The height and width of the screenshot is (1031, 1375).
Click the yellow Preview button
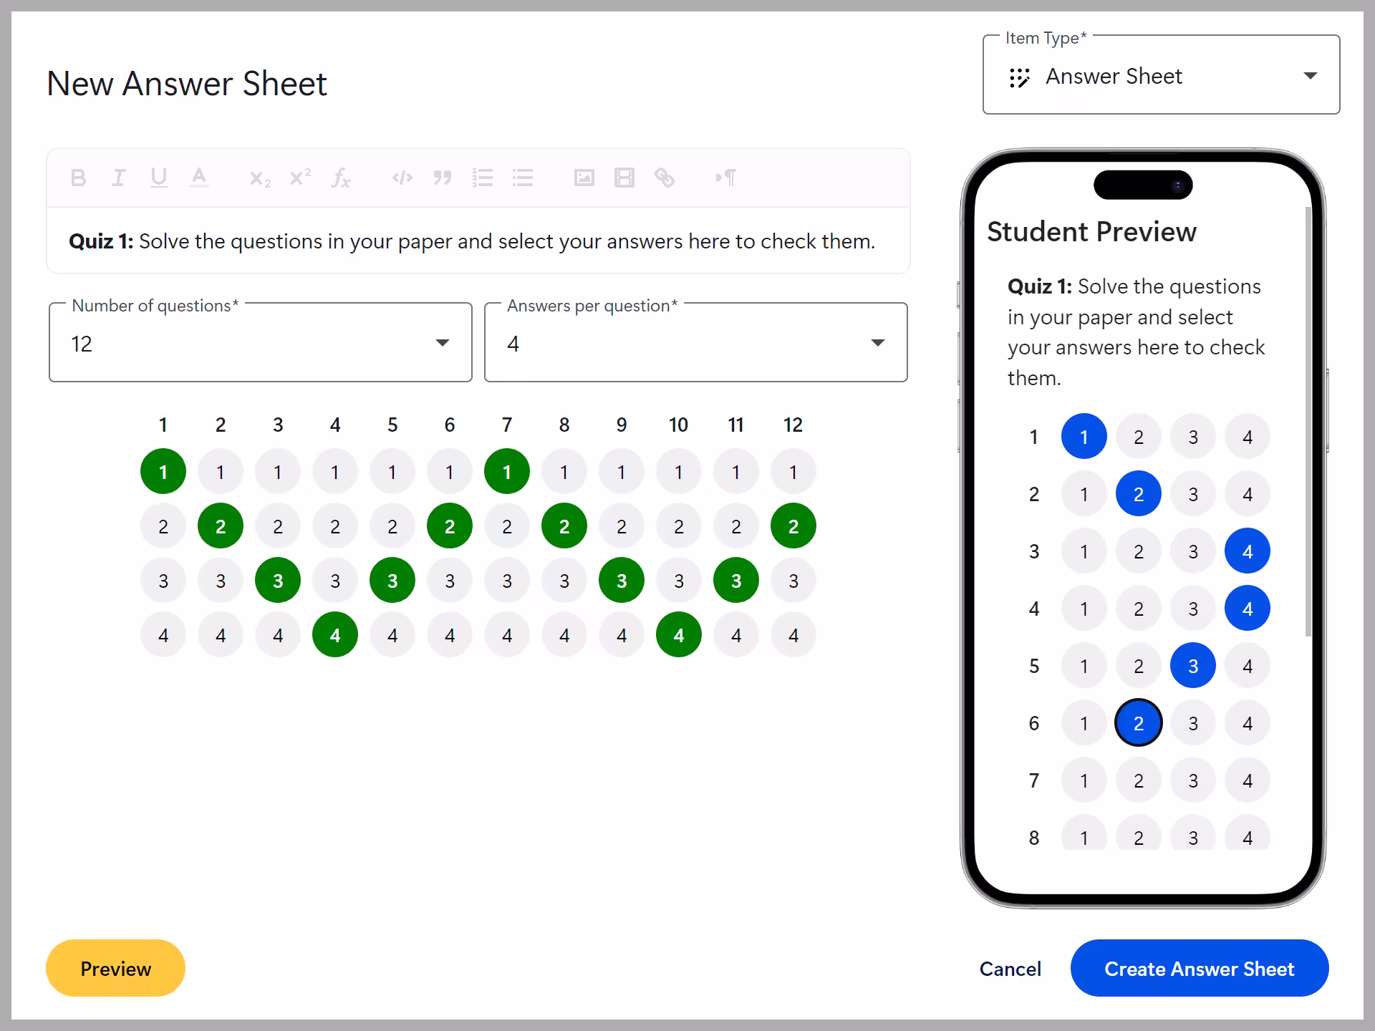point(115,968)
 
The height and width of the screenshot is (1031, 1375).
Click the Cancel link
point(1010,969)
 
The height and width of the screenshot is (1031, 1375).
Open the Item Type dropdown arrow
point(1310,76)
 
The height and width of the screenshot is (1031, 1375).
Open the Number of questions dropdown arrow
point(443,343)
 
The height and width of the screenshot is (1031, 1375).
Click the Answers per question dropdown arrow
point(877,343)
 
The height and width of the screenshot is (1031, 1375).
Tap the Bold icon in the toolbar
point(79,178)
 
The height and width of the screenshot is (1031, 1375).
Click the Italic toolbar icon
point(119,178)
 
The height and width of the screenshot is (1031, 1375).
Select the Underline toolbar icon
point(159,178)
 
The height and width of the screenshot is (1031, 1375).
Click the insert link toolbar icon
point(665,178)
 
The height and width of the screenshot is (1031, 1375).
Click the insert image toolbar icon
point(584,178)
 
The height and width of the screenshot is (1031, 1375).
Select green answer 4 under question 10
point(678,635)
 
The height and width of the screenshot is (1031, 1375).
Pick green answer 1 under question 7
point(507,472)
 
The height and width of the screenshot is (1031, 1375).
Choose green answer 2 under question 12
point(793,526)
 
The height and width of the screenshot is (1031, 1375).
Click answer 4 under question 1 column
point(163,635)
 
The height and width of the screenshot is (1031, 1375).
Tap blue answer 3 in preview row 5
point(1192,666)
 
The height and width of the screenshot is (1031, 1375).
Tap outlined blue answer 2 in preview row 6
point(1138,723)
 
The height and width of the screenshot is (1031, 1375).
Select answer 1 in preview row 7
point(1084,780)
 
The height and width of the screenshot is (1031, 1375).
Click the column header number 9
point(622,425)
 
